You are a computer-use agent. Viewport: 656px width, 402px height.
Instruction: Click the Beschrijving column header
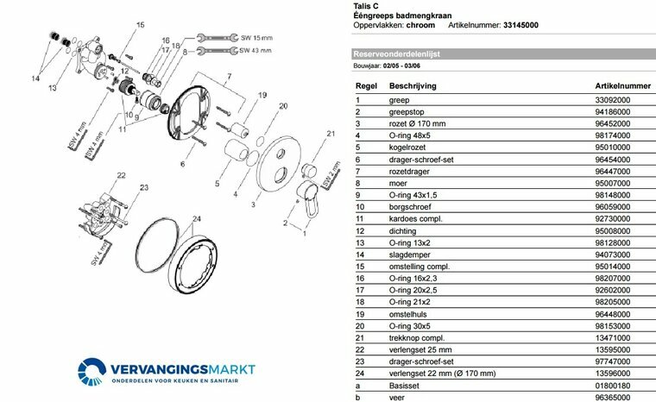pyautogui.click(x=413, y=86)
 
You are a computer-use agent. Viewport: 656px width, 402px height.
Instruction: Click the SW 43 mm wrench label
pyautogui.click(x=256, y=50)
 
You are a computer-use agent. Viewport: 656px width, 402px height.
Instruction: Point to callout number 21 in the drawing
pyautogui.click(x=329, y=133)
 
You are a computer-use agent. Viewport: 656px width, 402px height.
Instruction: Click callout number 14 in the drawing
pyautogui.click(x=35, y=79)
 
